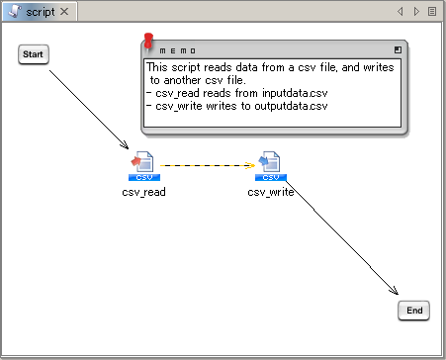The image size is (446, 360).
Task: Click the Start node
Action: (34, 54)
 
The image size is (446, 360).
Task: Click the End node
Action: (413, 311)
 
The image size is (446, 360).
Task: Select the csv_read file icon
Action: (144, 166)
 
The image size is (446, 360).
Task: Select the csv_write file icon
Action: (271, 166)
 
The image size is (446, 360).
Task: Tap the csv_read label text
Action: (143, 192)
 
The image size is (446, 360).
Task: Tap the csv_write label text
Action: (271, 192)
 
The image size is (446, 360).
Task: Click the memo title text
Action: (178, 50)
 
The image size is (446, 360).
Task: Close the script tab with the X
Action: (64, 12)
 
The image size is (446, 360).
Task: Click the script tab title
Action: (41, 12)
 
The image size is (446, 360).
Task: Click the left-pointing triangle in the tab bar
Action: (401, 12)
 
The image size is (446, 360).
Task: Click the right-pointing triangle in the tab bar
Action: (416, 12)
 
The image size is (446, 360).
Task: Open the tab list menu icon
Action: (432, 12)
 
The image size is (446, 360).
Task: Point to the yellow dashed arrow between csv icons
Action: (208, 165)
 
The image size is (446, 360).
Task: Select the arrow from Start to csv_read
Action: (89, 110)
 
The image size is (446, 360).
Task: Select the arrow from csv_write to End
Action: (342, 237)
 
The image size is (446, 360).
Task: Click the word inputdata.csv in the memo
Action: (295, 93)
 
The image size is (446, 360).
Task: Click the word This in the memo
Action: (157, 67)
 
